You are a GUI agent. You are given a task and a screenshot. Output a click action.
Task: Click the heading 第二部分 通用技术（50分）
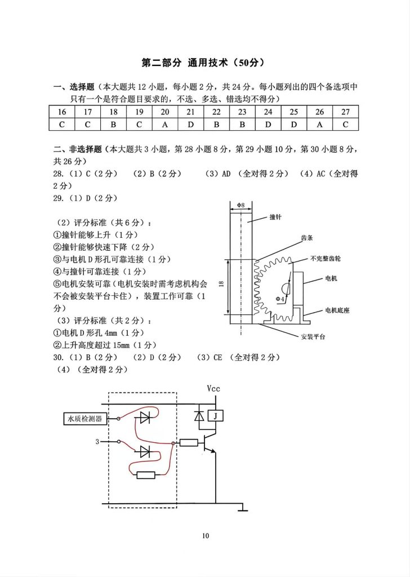click(x=204, y=63)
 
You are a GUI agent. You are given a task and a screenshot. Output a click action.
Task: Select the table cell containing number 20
click(x=165, y=112)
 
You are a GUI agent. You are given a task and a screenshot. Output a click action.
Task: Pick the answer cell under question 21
click(x=191, y=124)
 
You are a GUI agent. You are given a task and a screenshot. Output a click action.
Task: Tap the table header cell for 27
click(x=345, y=112)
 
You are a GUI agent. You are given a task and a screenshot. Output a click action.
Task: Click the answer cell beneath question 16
click(x=62, y=124)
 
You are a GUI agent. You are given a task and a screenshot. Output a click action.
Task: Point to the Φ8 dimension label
click(x=240, y=205)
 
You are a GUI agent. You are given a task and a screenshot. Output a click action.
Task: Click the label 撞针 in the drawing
click(x=275, y=217)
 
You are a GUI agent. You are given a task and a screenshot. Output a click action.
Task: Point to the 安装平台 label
click(x=314, y=336)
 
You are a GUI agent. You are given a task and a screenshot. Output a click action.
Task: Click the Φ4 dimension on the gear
click(x=280, y=299)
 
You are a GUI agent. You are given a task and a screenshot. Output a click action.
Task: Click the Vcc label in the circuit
click(x=215, y=388)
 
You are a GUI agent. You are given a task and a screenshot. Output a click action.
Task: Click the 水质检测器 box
click(x=84, y=419)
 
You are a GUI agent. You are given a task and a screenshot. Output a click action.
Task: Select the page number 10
click(x=206, y=536)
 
